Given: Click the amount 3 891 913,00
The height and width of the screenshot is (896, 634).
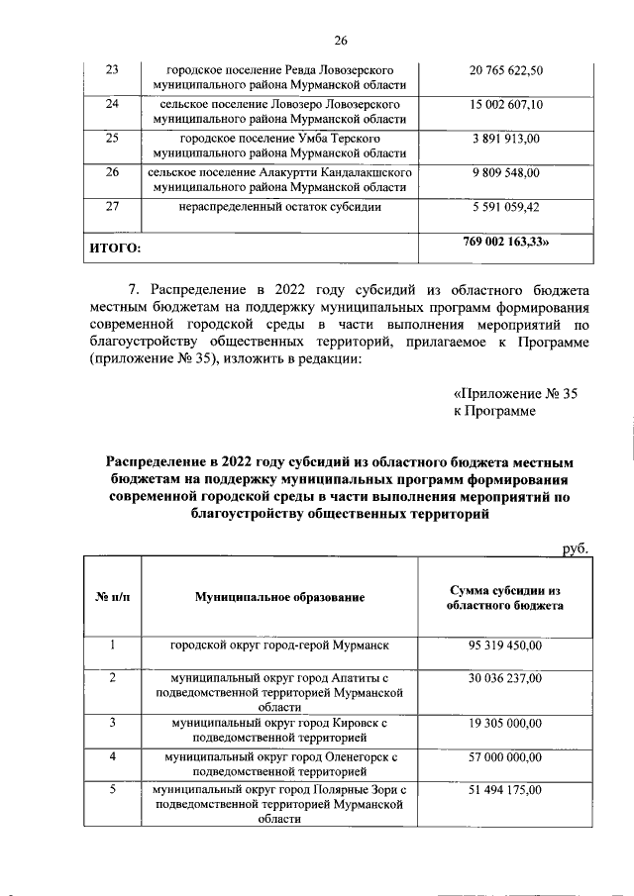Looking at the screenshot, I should point(505,140).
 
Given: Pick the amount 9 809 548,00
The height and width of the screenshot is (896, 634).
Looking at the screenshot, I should point(505,173).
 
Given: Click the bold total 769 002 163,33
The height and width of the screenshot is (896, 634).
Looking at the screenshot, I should point(506,241).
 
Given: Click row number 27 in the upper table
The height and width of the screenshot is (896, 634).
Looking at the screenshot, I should point(112,207).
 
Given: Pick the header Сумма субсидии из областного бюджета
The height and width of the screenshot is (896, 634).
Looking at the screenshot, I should point(505,597).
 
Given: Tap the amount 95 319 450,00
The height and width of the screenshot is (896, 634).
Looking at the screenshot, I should point(505,646).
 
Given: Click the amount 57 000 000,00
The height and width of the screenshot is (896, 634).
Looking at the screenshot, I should point(505,757).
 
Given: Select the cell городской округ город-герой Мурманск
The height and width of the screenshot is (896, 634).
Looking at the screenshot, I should point(280,646).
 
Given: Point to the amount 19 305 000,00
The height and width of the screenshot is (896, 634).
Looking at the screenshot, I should point(505,724).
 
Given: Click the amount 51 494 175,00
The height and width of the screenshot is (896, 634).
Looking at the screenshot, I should point(505,790).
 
